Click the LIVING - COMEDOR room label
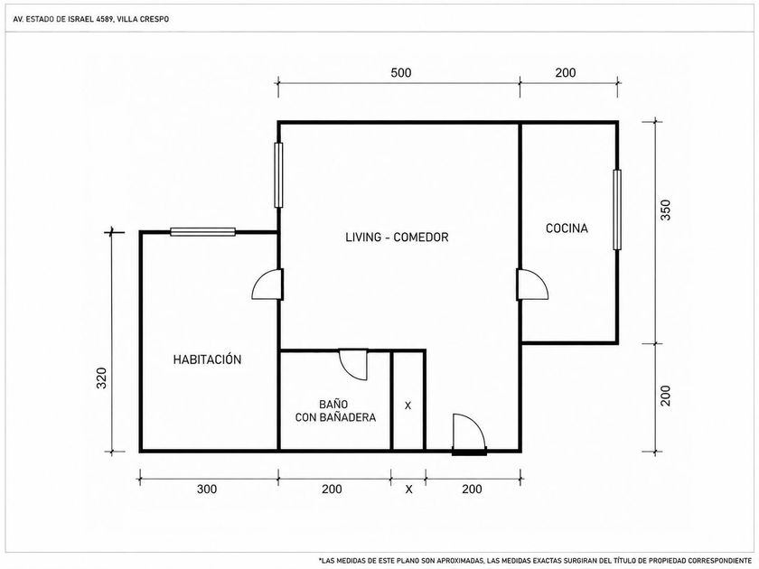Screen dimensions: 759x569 tap(397, 237)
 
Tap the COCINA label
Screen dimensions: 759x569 tap(567, 229)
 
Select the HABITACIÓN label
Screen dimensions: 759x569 tap(207, 359)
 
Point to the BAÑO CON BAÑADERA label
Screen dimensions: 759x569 tap(335, 411)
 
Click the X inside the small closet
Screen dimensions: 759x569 tap(408, 406)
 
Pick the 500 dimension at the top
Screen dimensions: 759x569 tap(401, 72)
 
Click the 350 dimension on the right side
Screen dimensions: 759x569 tap(666, 210)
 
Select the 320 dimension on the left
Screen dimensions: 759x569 tap(101, 378)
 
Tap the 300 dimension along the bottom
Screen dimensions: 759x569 tap(207, 490)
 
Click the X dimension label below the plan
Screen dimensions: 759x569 tap(409, 490)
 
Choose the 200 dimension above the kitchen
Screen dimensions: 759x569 tap(566, 72)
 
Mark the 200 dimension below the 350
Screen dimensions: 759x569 tap(666, 396)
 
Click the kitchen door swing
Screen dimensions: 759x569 tap(532, 284)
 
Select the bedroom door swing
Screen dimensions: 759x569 tap(267, 284)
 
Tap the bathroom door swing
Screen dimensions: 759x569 tap(353, 364)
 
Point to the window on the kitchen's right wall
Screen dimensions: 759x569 tap(616, 210)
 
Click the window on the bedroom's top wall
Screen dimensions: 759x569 tap(202, 232)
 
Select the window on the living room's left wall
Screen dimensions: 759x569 tap(278, 175)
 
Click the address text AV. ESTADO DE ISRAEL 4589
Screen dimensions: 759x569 tap(63, 19)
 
